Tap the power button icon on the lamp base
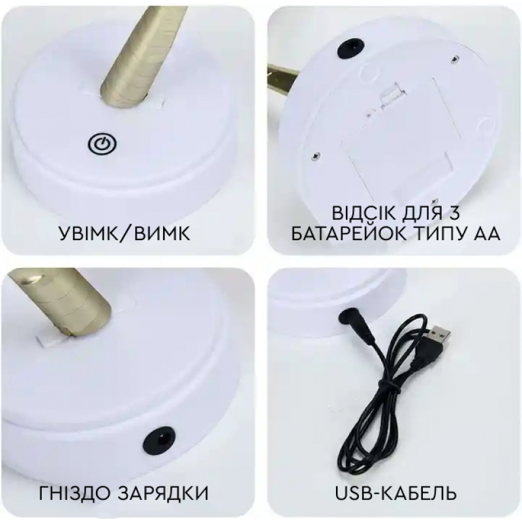click(102, 144)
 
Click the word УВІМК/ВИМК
click(125, 233)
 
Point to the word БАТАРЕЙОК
click(349, 234)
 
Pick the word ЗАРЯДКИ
click(162, 493)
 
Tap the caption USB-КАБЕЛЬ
click(395, 493)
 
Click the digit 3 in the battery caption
click(453, 213)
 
